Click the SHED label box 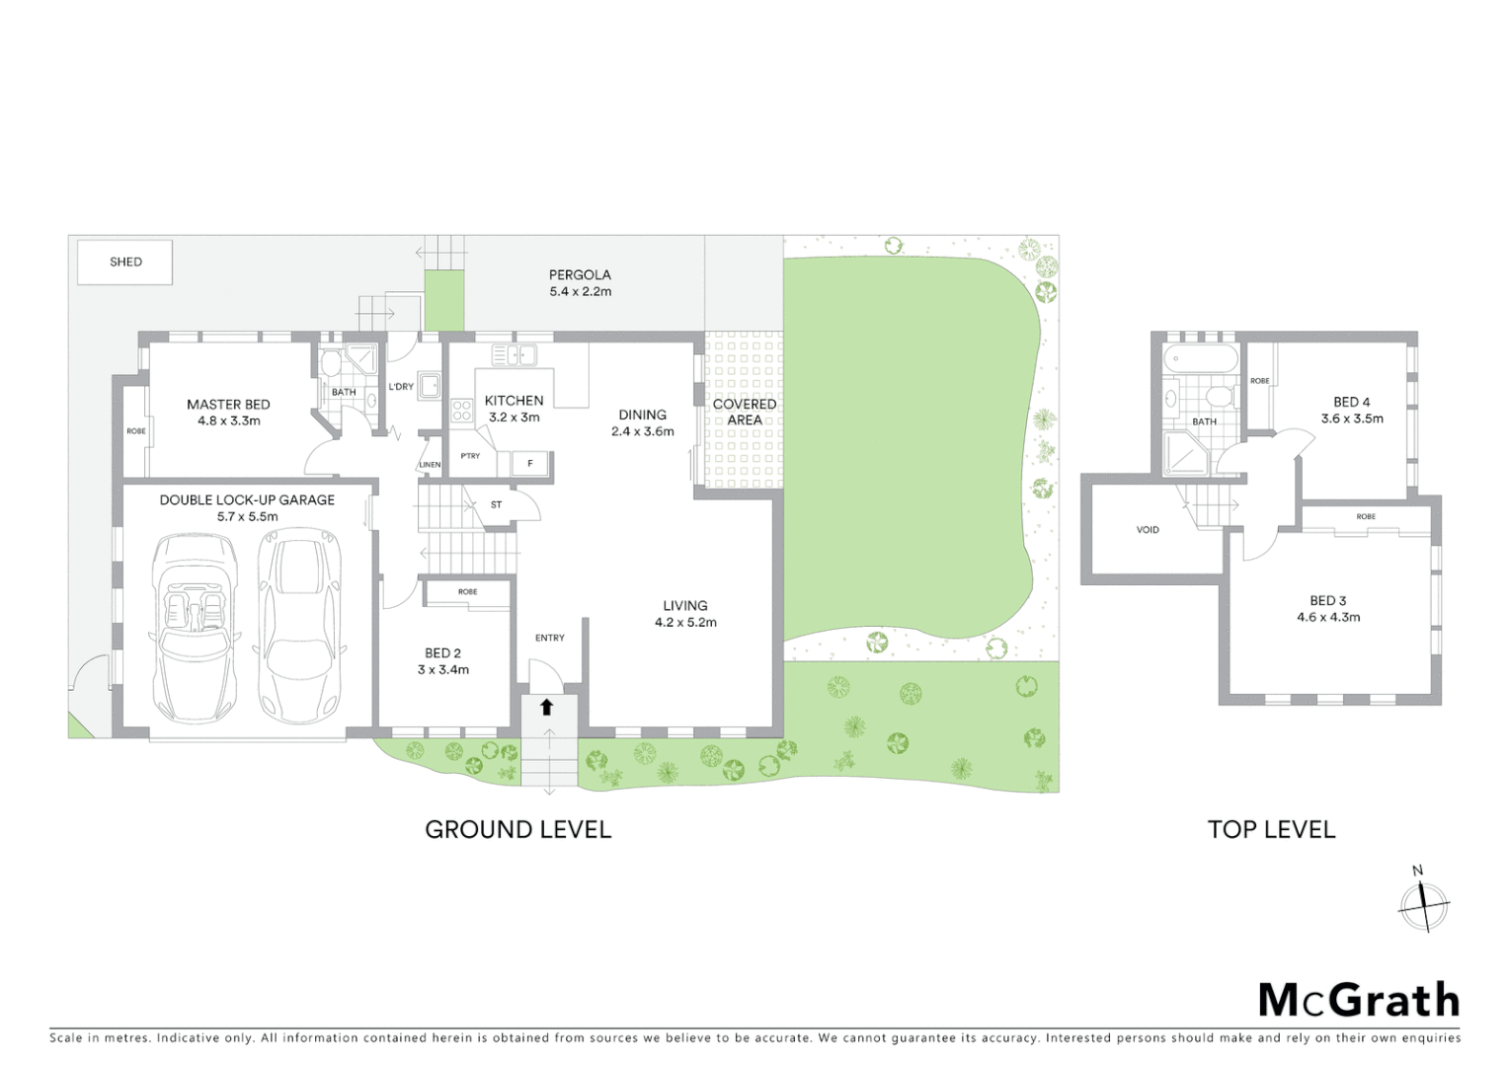pyautogui.click(x=125, y=263)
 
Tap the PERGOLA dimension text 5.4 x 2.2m pyautogui.click(x=580, y=292)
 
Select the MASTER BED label pyautogui.click(x=228, y=404)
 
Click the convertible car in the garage pyautogui.click(x=197, y=626)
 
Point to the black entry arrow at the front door pyautogui.click(x=546, y=706)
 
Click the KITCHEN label pyautogui.click(x=514, y=400)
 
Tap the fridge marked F pyautogui.click(x=530, y=464)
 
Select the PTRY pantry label pyautogui.click(x=470, y=456)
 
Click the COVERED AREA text pyautogui.click(x=745, y=412)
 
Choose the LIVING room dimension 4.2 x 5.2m pyautogui.click(x=685, y=623)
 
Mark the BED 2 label pyautogui.click(x=442, y=652)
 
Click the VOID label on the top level pyautogui.click(x=1148, y=530)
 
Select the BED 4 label pyautogui.click(x=1351, y=402)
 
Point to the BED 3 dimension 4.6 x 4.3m pyautogui.click(x=1328, y=618)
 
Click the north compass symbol pyautogui.click(x=1423, y=903)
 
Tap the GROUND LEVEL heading pyautogui.click(x=517, y=830)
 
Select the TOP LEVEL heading pyautogui.click(x=1271, y=830)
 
